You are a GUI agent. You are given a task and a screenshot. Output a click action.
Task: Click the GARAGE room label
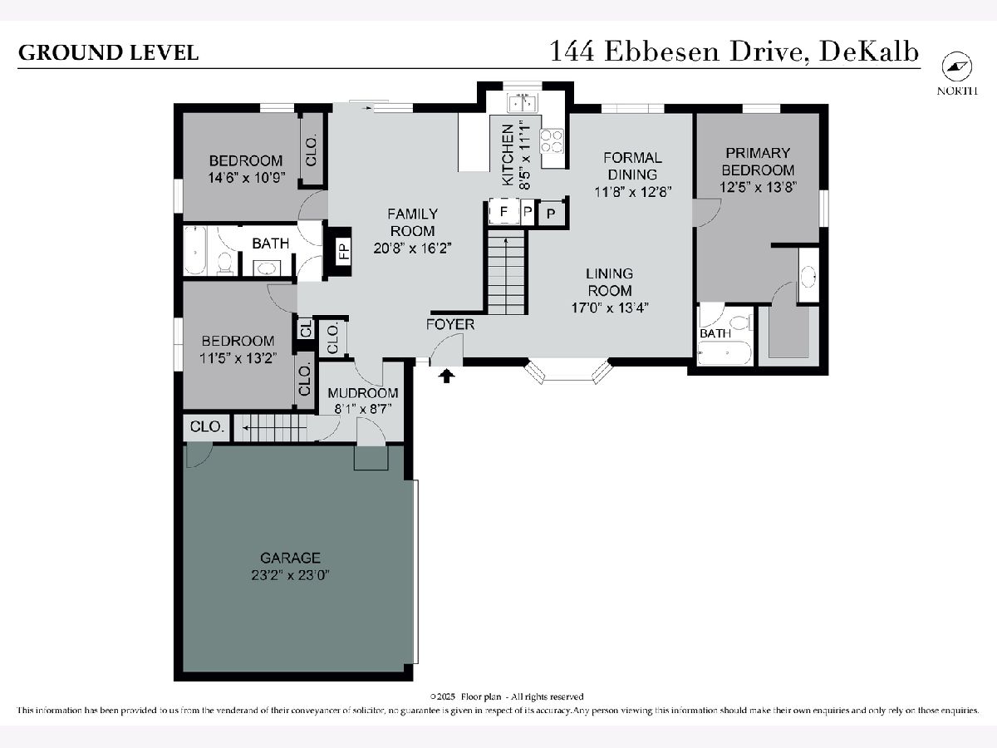[x=290, y=558]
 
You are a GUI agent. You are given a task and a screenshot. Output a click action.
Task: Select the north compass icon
[x=956, y=67]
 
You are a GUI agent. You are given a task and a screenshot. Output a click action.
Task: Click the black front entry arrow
[x=447, y=376]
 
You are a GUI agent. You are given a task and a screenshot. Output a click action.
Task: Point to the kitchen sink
[x=523, y=103]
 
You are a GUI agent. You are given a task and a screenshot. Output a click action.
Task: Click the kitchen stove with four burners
[x=552, y=140]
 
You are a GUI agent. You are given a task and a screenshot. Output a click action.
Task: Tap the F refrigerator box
[x=503, y=212]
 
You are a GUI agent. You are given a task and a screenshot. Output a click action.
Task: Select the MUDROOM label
[x=362, y=393]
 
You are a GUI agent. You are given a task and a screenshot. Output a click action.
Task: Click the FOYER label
[x=450, y=324]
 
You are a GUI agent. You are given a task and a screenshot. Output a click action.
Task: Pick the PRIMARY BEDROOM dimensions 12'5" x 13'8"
[x=758, y=187]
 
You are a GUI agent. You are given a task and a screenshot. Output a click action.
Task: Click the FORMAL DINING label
[x=632, y=166]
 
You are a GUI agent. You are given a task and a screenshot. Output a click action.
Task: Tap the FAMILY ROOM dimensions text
[x=412, y=249]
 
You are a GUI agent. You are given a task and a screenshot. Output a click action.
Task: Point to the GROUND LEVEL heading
[x=108, y=52]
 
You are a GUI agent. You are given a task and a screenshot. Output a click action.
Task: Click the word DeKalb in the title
[x=869, y=52]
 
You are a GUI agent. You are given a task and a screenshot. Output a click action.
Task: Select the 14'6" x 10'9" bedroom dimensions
[x=247, y=178]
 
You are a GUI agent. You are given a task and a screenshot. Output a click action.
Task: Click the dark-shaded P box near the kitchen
[x=551, y=214]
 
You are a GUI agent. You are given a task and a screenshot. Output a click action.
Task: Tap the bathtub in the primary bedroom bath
[x=724, y=353]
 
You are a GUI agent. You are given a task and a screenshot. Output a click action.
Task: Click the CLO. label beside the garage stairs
[x=207, y=427]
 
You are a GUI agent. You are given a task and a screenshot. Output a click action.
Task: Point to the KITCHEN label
[x=508, y=155]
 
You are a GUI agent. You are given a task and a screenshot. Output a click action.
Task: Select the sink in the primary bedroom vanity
[x=808, y=277]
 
